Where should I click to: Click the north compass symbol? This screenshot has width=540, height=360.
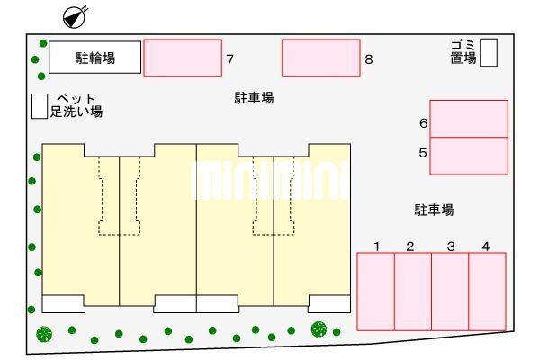(x=76, y=17)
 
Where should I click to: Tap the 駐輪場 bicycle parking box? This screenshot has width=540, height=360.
(x=95, y=58)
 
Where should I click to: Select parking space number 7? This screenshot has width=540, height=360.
(x=183, y=58)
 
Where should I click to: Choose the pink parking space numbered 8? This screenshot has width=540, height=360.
(x=321, y=58)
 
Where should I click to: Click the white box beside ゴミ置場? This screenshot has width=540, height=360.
(x=489, y=52)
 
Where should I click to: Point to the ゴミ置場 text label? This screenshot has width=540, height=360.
(x=463, y=52)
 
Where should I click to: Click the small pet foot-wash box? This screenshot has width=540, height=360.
(x=40, y=106)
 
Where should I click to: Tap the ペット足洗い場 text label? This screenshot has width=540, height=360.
(x=76, y=105)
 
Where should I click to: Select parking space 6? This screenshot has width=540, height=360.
(x=469, y=119)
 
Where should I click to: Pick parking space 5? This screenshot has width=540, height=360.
(x=469, y=156)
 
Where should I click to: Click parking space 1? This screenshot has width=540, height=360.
(x=375, y=292)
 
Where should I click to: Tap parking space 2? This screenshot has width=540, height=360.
(x=413, y=292)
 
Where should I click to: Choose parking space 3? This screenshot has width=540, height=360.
(x=450, y=292)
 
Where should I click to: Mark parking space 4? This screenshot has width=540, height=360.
(x=487, y=292)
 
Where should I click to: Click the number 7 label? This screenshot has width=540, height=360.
(x=230, y=59)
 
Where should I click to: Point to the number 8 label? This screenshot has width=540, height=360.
(x=369, y=59)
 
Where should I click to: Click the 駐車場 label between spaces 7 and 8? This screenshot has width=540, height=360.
(x=254, y=98)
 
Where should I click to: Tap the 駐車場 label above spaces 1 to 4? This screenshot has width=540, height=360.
(x=434, y=210)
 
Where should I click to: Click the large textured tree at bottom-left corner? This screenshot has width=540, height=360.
(x=44, y=334)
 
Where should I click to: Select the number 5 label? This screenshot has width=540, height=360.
(x=423, y=153)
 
